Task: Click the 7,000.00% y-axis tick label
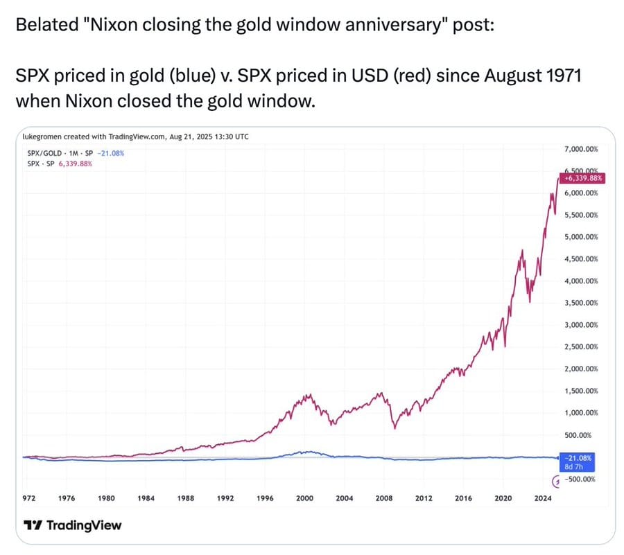581,149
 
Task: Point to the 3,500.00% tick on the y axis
581,303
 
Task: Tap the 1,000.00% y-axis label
581,413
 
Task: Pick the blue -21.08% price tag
577,458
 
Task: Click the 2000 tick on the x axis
305,497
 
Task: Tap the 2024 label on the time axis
543,497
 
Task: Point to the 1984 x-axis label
146,497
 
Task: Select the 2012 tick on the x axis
424,497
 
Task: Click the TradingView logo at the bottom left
72,525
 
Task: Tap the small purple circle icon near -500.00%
555,479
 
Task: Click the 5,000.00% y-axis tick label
581,237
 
